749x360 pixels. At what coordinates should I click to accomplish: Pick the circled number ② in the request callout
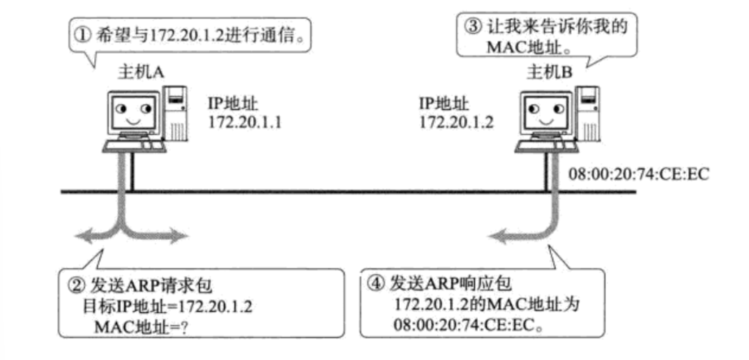[75, 285]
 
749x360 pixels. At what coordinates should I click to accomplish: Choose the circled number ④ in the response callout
[375, 285]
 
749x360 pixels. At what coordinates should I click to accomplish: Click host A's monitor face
[133, 112]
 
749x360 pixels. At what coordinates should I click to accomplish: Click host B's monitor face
[545, 112]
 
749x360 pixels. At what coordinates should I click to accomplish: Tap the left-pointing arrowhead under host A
[82, 237]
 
